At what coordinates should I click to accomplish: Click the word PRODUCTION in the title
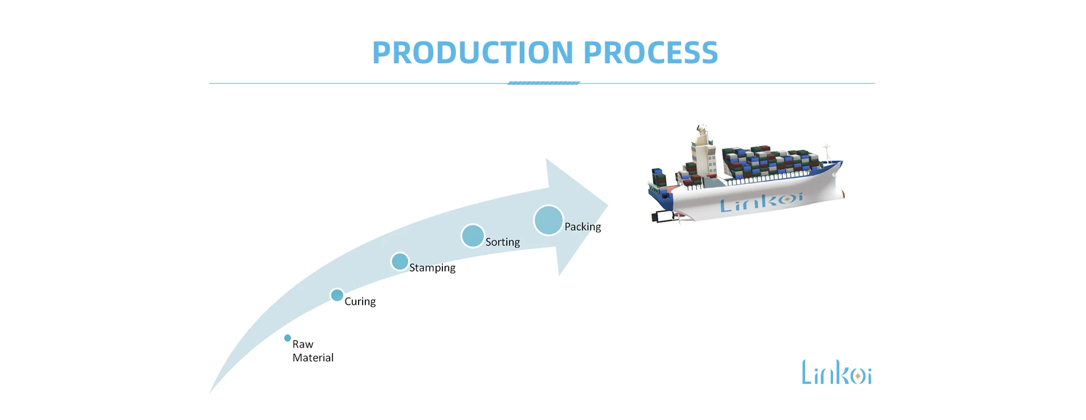[473, 53]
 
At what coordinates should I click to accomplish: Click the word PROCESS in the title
[650, 53]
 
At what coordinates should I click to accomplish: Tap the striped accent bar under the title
[544, 83]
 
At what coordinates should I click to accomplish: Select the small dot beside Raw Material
[287, 338]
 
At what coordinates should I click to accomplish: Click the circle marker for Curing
[337, 295]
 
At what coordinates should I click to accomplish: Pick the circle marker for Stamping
[400, 262]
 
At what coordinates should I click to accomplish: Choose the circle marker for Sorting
[472, 236]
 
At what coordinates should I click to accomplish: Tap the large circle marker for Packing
[548, 220]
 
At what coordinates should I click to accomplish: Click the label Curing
[360, 302]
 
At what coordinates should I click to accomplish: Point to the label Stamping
[432, 268]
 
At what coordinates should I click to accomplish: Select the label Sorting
[502, 243]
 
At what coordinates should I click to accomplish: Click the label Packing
[583, 227]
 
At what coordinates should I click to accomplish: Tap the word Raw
[303, 344]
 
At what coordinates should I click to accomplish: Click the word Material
[313, 358]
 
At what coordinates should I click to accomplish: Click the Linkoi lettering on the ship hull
[761, 202]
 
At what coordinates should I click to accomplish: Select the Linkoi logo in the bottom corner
[836, 373]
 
